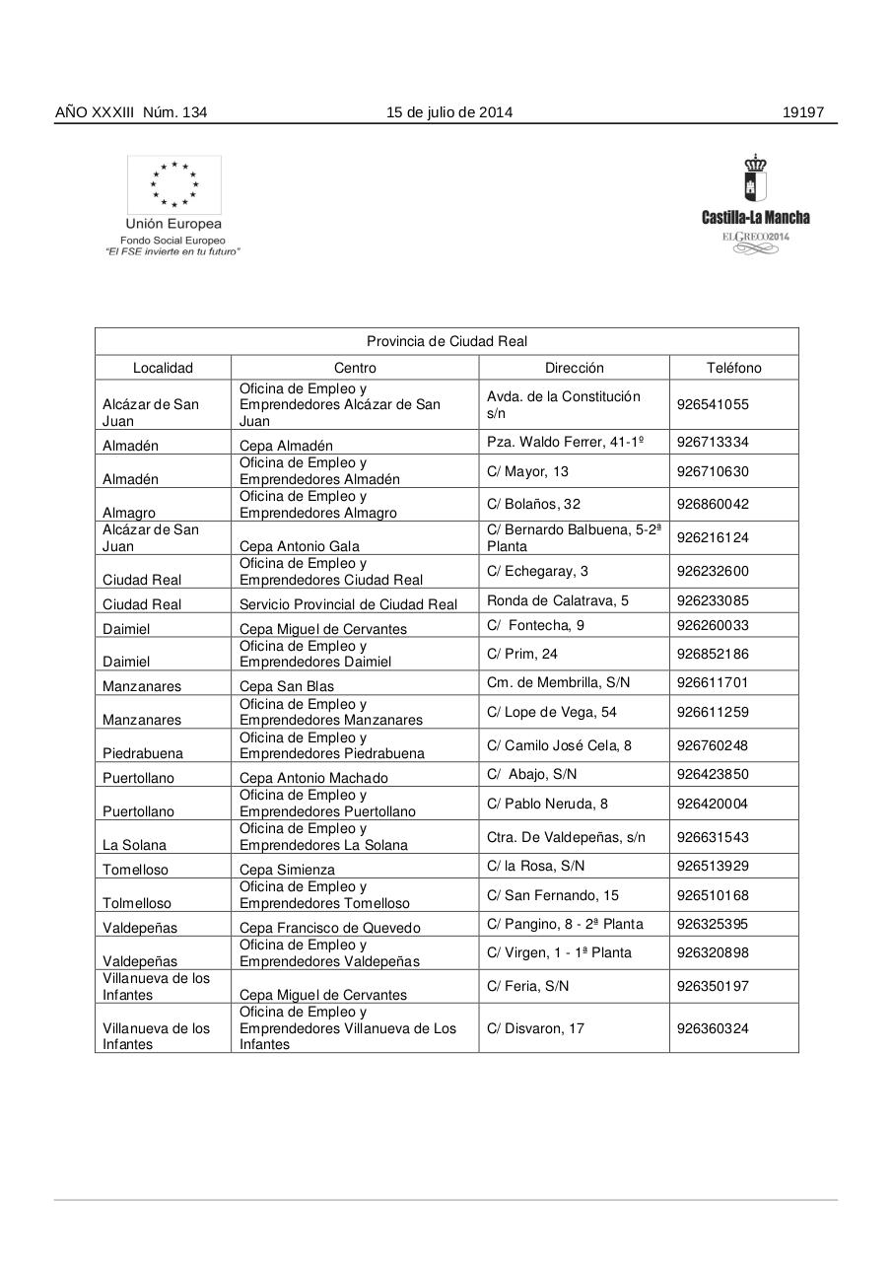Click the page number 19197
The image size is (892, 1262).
pyautogui.click(x=802, y=112)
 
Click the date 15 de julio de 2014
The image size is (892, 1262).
pyautogui.click(x=448, y=112)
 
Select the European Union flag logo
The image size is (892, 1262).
pyautogui.click(x=173, y=184)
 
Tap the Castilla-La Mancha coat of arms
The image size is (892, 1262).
pyautogui.click(x=755, y=178)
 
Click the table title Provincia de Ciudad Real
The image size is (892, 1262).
pyautogui.click(x=446, y=341)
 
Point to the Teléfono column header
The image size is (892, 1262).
pyautogui.click(x=733, y=368)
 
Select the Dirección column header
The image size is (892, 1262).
pyautogui.click(x=574, y=368)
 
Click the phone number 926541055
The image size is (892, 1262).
pyautogui.click(x=713, y=404)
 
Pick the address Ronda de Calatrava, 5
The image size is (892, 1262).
pyautogui.click(x=558, y=599)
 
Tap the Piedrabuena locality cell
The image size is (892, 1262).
pyautogui.click(x=143, y=753)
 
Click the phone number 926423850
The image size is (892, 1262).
pyautogui.click(x=713, y=774)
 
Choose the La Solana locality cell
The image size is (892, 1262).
pyautogui.click(x=135, y=845)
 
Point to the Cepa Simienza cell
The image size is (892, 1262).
pyautogui.click(x=287, y=870)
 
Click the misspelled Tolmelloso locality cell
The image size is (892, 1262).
pyautogui.click(x=137, y=903)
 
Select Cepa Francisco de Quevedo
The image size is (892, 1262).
pyautogui.click(x=329, y=928)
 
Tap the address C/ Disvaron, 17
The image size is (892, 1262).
pyautogui.click(x=535, y=1028)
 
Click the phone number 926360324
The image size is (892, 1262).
pyautogui.click(x=713, y=1028)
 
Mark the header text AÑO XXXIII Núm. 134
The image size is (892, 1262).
pyautogui.click(x=131, y=112)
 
